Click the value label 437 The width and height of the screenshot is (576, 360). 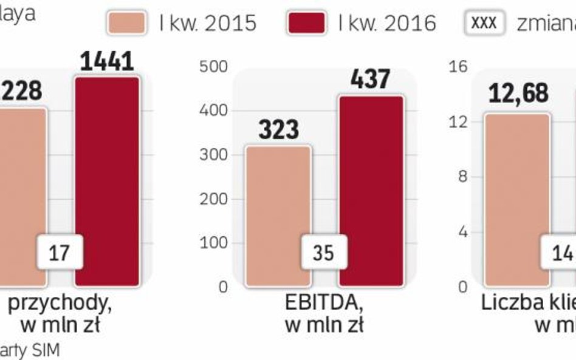(370, 80)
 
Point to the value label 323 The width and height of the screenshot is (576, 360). (278, 129)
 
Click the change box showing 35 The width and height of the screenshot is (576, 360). (323, 252)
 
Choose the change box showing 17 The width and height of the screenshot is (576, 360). (60, 253)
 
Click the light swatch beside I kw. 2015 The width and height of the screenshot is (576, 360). (127, 23)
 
